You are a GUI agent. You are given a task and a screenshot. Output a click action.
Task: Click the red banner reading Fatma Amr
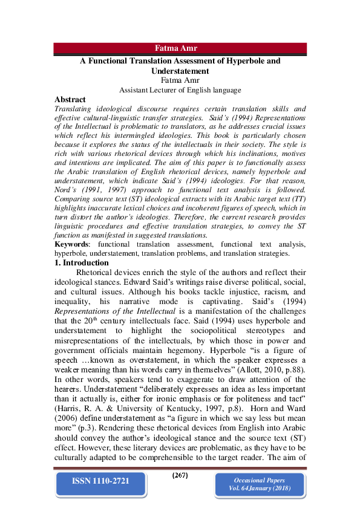(180, 49)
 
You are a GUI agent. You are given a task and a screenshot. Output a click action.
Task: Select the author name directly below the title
(180, 80)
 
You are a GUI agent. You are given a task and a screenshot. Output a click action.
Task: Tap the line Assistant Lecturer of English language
(180, 89)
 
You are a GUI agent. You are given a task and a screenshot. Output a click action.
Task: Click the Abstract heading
(70, 99)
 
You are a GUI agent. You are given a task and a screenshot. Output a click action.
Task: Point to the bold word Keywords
(71, 244)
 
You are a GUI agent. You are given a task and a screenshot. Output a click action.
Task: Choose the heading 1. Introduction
(82, 263)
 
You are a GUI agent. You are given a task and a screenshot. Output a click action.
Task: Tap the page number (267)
(180, 475)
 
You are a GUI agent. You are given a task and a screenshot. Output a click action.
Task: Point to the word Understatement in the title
(180, 71)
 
